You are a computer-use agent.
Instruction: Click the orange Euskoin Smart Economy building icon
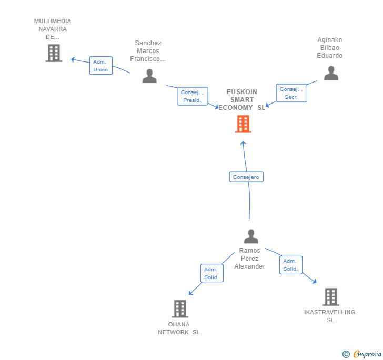coord(243,124)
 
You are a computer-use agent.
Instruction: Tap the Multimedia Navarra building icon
coord(54,53)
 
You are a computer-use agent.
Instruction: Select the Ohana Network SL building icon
coord(180,308)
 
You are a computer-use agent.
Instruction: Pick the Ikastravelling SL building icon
coord(330,297)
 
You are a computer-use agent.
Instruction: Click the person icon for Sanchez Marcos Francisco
coord(149,76)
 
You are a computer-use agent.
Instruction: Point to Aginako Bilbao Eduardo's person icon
coord(331,73)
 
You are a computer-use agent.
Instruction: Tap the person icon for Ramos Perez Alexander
coord(251,236)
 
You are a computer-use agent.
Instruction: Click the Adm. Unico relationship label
coord(100,66)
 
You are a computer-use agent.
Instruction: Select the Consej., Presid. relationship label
coord(192,96)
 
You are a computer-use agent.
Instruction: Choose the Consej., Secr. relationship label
coord(291,93)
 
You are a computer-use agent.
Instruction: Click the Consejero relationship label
coord(246,177)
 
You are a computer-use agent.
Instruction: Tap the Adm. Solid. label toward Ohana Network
coord(211,273)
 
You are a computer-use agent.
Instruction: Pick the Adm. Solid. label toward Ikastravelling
coord(290,265)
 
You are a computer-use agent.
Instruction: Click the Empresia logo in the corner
coord(367,354)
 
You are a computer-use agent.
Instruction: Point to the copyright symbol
coord(346,354)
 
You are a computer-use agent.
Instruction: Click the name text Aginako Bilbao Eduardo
coord(330,48)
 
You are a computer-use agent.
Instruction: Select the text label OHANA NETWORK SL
coord(179,328)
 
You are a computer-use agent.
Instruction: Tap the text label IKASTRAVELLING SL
coord(330,316)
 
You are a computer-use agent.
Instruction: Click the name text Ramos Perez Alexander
coord(250,259)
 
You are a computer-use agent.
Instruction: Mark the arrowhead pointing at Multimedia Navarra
coord(74,59)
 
